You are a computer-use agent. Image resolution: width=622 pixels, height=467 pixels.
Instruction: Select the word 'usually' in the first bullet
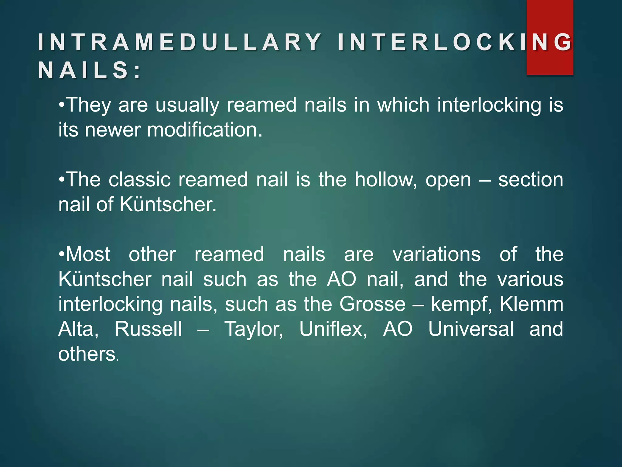pos(187,105)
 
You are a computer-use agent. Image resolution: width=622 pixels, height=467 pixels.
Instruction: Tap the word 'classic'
pos(139,180)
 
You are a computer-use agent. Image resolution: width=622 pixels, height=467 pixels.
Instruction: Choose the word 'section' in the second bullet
pos(531,180)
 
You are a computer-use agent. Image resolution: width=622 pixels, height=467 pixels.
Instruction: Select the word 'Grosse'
pos(372,304)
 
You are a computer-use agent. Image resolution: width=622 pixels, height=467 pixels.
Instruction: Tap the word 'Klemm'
pos(531,304)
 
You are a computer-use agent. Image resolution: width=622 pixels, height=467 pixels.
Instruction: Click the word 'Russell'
pos(149,329)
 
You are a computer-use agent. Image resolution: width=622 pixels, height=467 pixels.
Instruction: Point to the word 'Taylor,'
pos(254,329)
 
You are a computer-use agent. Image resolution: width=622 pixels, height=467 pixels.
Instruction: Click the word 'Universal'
pos(471,329)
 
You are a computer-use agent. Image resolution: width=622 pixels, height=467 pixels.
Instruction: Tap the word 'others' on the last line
pos(87,354)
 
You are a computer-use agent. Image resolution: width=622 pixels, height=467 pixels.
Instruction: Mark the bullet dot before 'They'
pos(62,105)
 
